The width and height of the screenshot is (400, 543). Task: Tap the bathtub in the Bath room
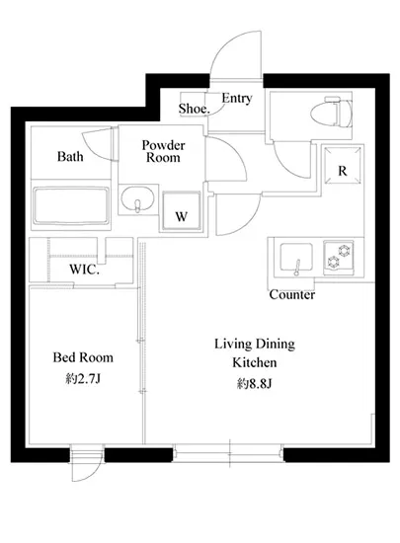click(71, 205)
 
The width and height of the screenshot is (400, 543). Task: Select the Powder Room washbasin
click(137, 198)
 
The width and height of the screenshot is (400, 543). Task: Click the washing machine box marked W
click(182, 210)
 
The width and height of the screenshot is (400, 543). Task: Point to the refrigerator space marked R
click(343, 165)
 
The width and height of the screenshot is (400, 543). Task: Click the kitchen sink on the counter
click(296, 258)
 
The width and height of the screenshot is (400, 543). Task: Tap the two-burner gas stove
click(339, 257)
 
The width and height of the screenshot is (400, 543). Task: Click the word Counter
click(292, 295)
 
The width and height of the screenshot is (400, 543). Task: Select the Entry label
click(237, 99)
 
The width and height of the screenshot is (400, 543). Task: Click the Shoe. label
click(195, 109)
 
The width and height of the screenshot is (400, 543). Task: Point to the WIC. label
click(85, 270)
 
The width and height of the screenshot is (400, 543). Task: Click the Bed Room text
click(83, 357)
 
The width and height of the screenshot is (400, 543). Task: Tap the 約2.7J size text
click(83, 379)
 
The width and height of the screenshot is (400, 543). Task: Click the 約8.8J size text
click(255, 383)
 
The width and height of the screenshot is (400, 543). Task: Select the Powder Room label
click(164, 151)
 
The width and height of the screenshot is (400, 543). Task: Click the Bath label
click(70, 157)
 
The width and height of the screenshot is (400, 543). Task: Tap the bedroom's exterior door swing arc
click(95, 474)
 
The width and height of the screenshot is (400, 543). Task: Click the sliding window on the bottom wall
click(228, 452)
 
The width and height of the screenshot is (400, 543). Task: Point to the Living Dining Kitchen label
click(255, 353)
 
